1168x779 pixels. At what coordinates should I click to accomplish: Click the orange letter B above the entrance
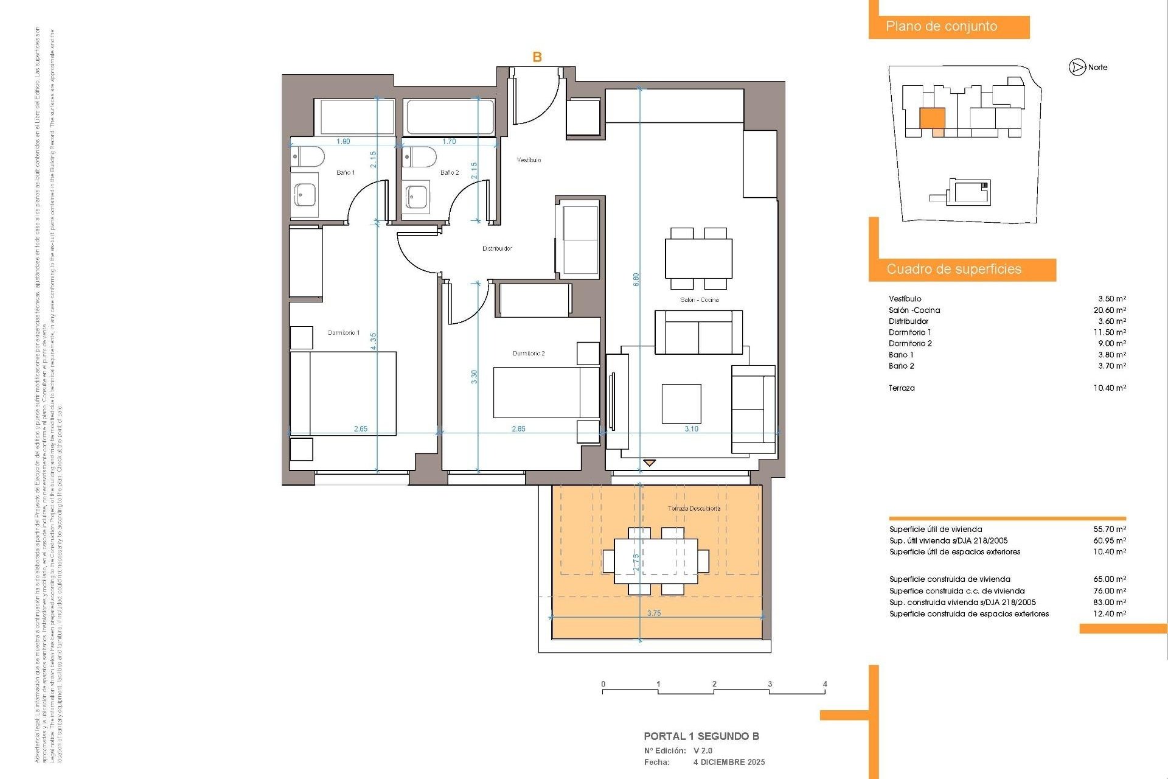click(x=537, y=57)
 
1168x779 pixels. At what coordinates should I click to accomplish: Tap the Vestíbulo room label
click(x=529, y=160)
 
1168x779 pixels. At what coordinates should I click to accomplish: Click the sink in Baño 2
click(x=417, y=196)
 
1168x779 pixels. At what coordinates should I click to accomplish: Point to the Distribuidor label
click(x=497, y=248)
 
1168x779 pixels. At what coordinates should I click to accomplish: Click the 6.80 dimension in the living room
click(x=636, y=280)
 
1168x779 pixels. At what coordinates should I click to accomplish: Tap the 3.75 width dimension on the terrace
click(x=654, y=613)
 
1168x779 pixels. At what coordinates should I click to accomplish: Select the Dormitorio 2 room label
click(x=529, y=354)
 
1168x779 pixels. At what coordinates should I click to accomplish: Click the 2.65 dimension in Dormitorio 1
click(x=361, y=429)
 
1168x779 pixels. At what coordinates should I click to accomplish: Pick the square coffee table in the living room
click(x=681, y=403)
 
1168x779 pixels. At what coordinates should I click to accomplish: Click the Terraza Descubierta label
click(x=694, y=509)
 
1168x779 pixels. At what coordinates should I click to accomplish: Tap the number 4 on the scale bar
click(x=825, y=684)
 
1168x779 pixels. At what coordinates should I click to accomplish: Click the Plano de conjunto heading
click(x=941, y=27)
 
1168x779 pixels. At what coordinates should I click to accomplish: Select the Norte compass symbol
click(x=1077, y=68)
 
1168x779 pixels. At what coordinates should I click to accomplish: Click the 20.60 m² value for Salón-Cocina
click(x=1110, y=310)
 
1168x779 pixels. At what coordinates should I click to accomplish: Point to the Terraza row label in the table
click(x=902, y=388)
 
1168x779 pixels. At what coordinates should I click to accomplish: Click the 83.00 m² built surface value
click(x=1110, y=603)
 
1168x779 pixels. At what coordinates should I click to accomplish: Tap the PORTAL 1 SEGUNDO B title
click(x=701, y=736)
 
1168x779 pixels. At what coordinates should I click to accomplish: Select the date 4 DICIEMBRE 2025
click(x=729, y=762)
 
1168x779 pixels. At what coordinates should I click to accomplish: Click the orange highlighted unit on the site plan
click(x=931, y=118)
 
